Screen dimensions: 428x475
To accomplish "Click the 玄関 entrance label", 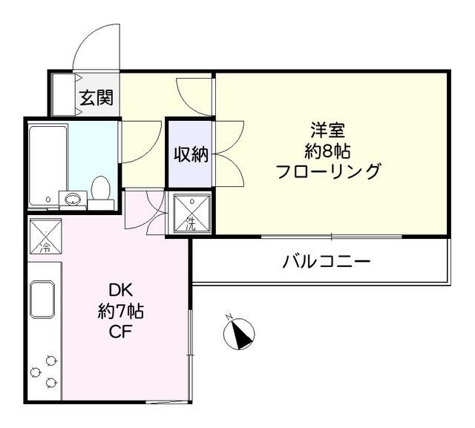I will tap(97, 96).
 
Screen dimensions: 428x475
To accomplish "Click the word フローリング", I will tap(327, 173).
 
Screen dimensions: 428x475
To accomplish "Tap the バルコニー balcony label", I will tap(326, 262).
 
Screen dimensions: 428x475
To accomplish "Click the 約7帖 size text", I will tap(120, 312).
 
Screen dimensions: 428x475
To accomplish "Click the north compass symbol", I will tap(239, 333).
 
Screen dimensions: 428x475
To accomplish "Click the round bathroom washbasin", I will tap(73, 199).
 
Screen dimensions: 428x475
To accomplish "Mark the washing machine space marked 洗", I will tap(191, 213).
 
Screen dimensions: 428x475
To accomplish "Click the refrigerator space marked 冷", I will tap(45, 236).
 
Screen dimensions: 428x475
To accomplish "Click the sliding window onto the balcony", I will tap(332, 237).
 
